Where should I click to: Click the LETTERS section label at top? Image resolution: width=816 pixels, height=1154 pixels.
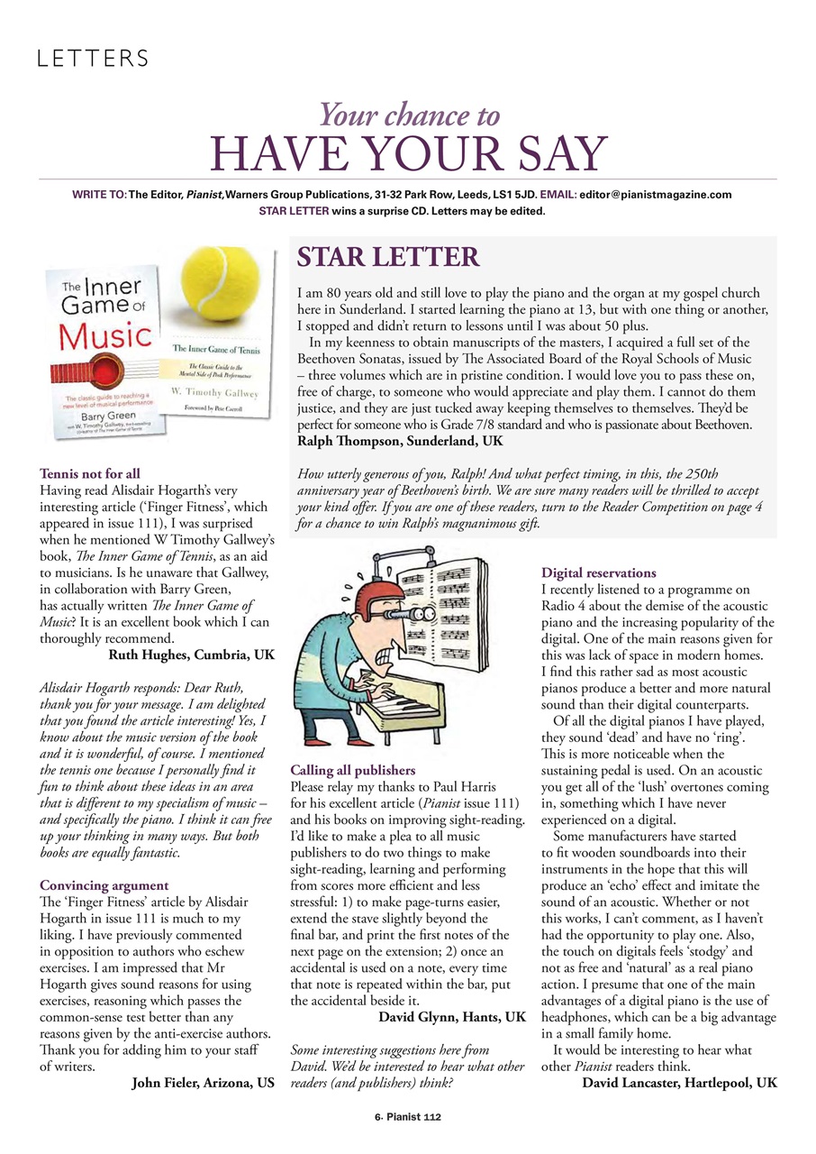click(92, 60)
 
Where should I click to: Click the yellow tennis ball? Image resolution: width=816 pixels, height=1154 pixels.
click(227, 289)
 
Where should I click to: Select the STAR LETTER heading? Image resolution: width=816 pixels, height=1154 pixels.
click(388, 258)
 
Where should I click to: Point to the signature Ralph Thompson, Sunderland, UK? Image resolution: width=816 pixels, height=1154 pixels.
click(401, 442)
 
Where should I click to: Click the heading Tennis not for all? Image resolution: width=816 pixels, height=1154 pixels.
click(90, 472)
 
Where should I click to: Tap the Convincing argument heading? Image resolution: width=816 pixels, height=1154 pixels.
click(104, 885)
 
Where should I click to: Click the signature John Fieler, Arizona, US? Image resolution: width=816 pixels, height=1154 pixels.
click(203, 1082)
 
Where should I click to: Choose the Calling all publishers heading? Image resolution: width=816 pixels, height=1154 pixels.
click(352, 770)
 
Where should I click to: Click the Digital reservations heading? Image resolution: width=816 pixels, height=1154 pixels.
click(598, 572)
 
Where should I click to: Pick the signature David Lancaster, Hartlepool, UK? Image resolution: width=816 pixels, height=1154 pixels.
click(679, 1082)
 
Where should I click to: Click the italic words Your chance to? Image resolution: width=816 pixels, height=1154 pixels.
click(410, 114)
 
